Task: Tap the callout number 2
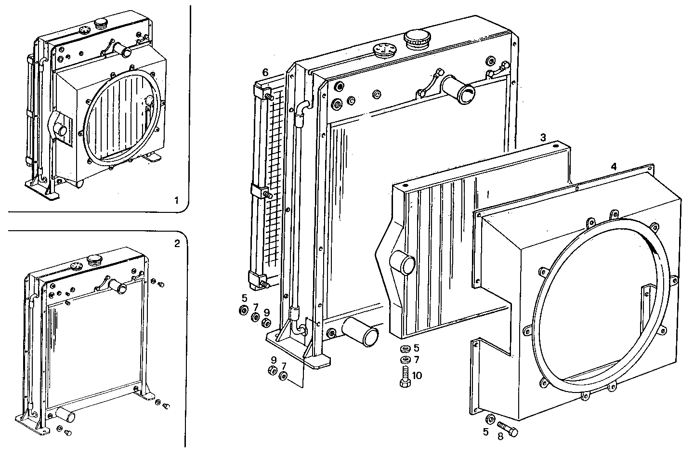(x=177, y=244)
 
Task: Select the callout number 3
(x=542, y=137)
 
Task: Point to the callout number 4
(x=613, y=166)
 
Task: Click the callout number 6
(x=264, y=72)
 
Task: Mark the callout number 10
(x=417, y=375)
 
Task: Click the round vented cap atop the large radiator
(x=384, y=51)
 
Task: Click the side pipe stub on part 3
(x=403, y=263)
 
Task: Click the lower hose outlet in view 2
(x=65, y=413)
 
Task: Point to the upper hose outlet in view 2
(x=117, y=287)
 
